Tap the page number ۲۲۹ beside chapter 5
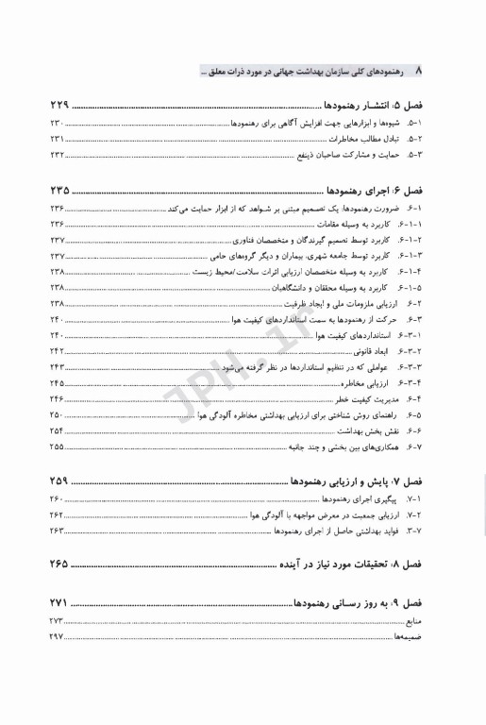61,106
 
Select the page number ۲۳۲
57,154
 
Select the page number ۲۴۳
57,366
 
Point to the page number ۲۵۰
57,414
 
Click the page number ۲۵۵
57,447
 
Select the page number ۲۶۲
57,514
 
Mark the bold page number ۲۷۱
61,601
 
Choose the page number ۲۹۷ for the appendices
57,637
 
